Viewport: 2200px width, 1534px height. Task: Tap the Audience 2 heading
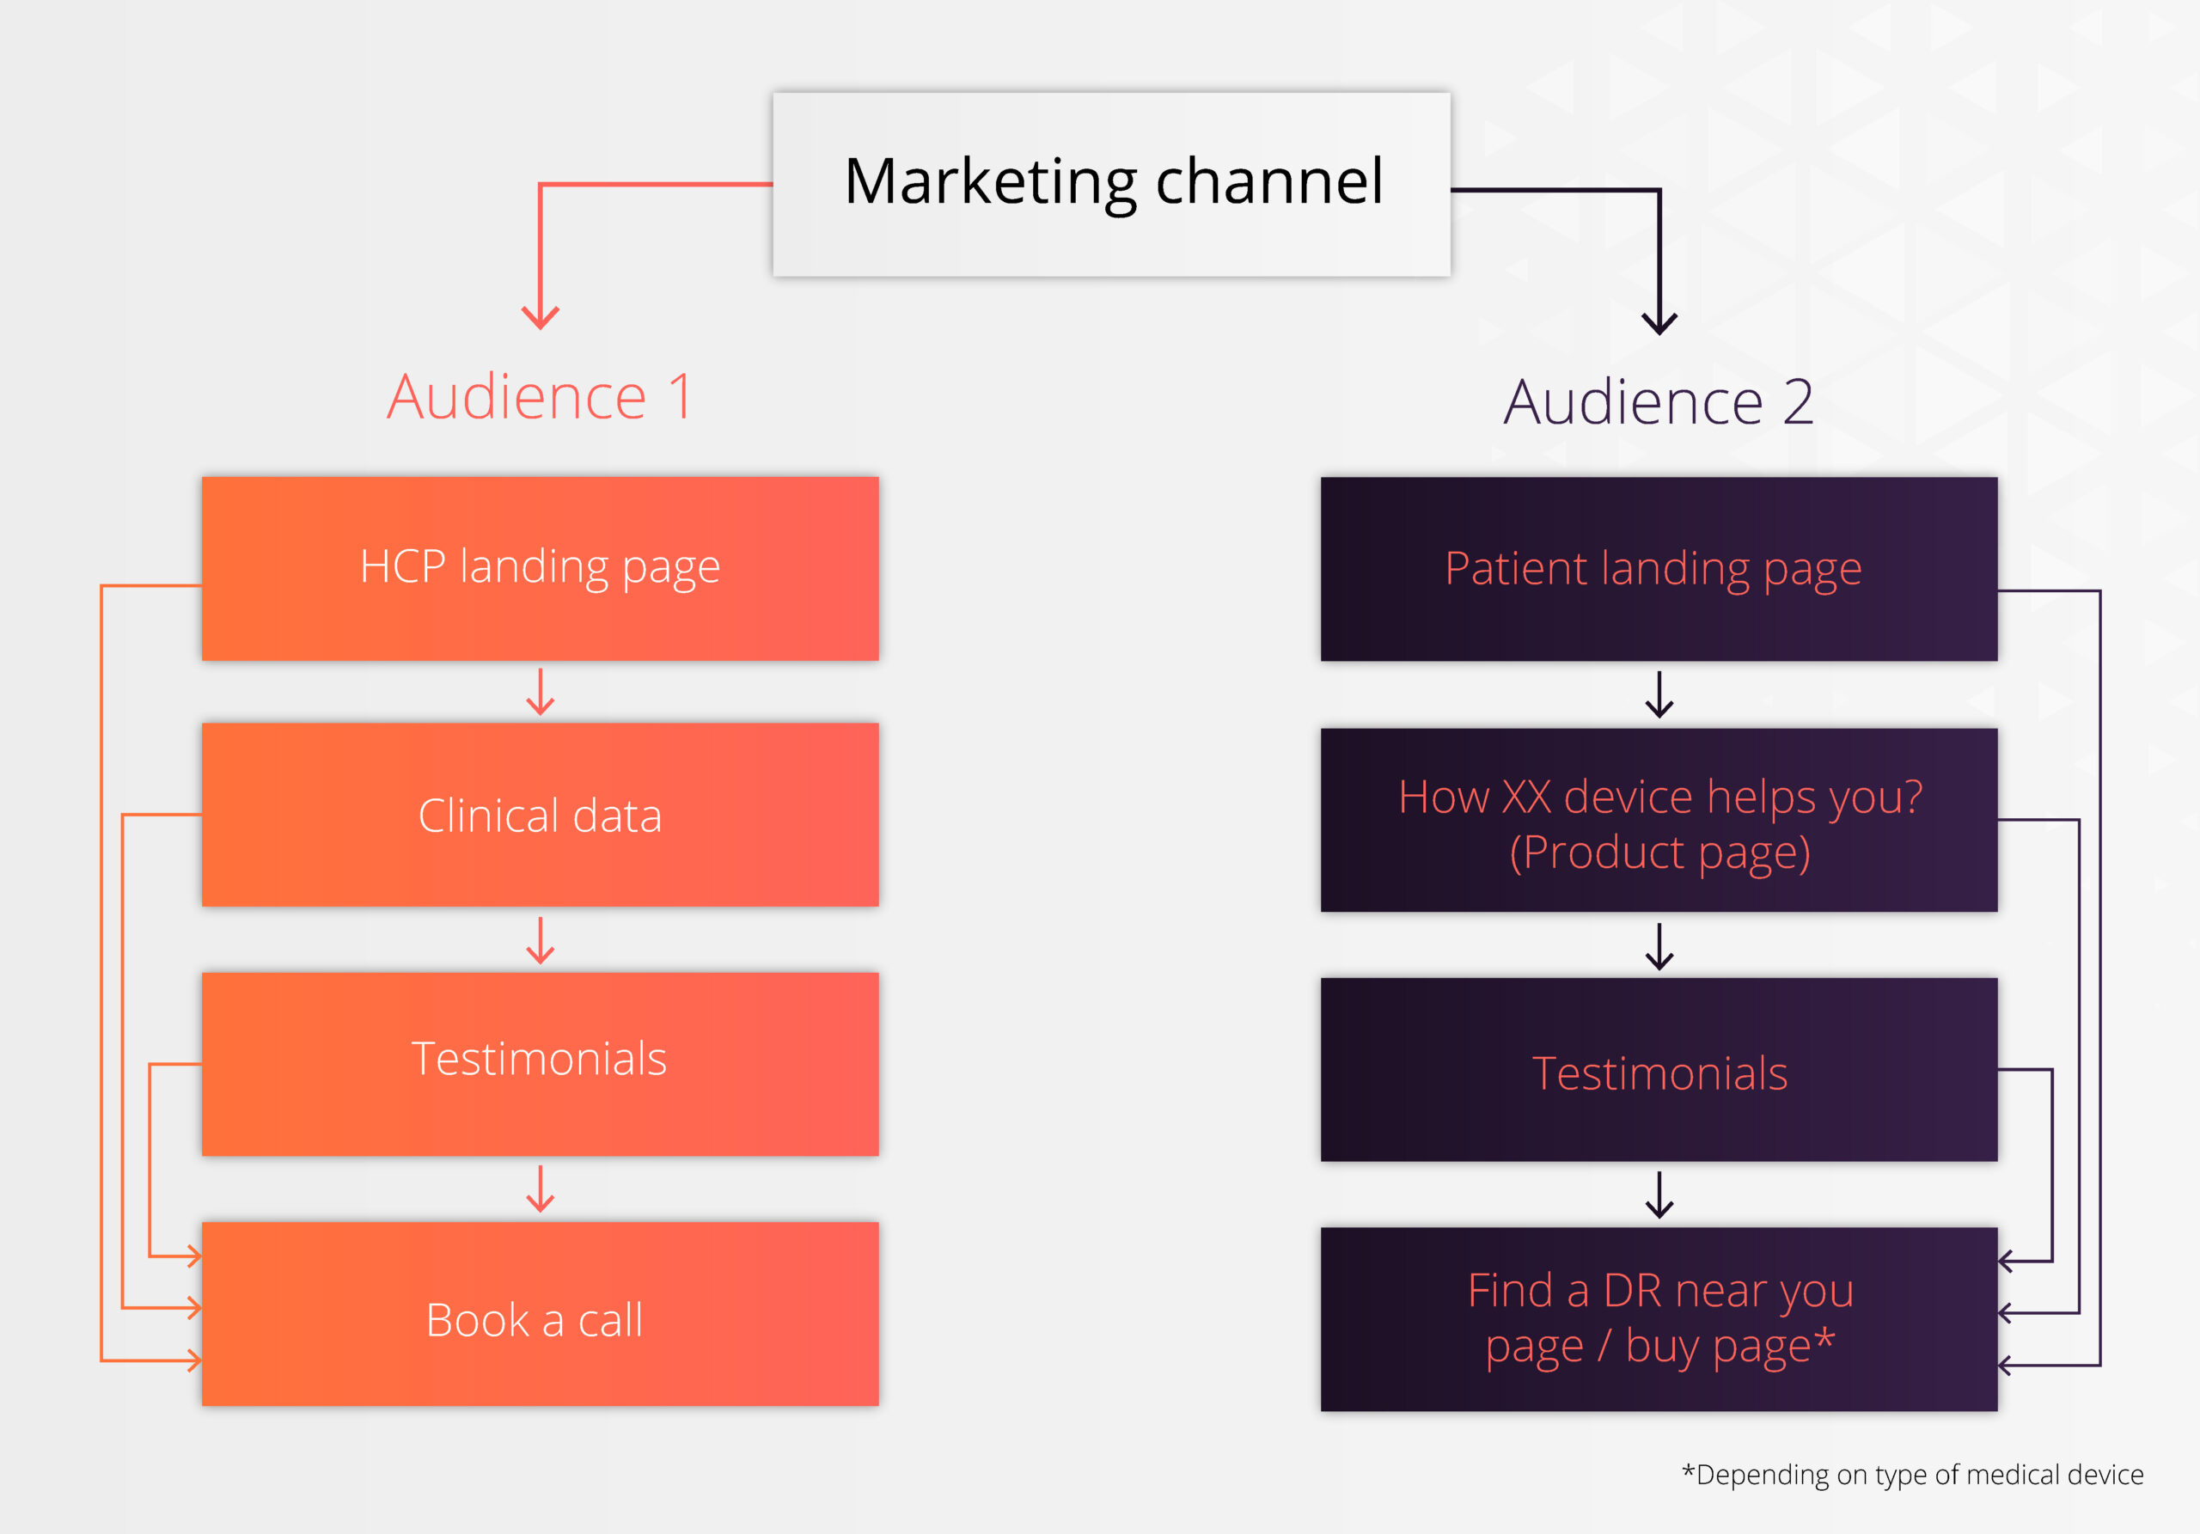pyautogui.click(x=1659, y=401)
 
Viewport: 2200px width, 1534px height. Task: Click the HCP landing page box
pyautogui.click(x=540, y=568)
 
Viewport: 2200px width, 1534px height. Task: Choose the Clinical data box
pyautogui.click(x=540, y=815)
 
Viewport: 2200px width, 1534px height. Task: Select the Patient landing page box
pyautogui.click(x=1659, y=568)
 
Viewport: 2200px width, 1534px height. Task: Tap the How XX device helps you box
pyautogui.click(x=1659, y=820)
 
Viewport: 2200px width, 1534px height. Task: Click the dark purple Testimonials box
pyautogui.click(x=1659, y=1069)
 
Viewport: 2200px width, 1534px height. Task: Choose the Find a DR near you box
pyautogui.click(x=1659, y=1318)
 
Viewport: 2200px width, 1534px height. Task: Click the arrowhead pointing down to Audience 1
pyautogui.click(x=541, y=317)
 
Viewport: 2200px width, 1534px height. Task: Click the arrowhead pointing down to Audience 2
pyautogui.click(x=1659, y=322)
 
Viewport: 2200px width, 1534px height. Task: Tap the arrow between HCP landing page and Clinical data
pyautogui.click(x=541, y=693)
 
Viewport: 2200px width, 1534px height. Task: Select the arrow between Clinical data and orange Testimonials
pyautogui.click(x=541, y=941)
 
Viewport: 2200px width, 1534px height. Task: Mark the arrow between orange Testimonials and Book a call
pyautogui.click(x=541, y=1189)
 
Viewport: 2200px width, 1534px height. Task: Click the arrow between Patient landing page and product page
pyautogui.click(x=1659, y=695)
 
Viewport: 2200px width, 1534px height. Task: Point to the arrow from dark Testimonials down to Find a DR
pyautogui.click(x=1659, y=1195)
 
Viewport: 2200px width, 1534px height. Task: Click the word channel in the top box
pyautogui.click(x=1268, y=181)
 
